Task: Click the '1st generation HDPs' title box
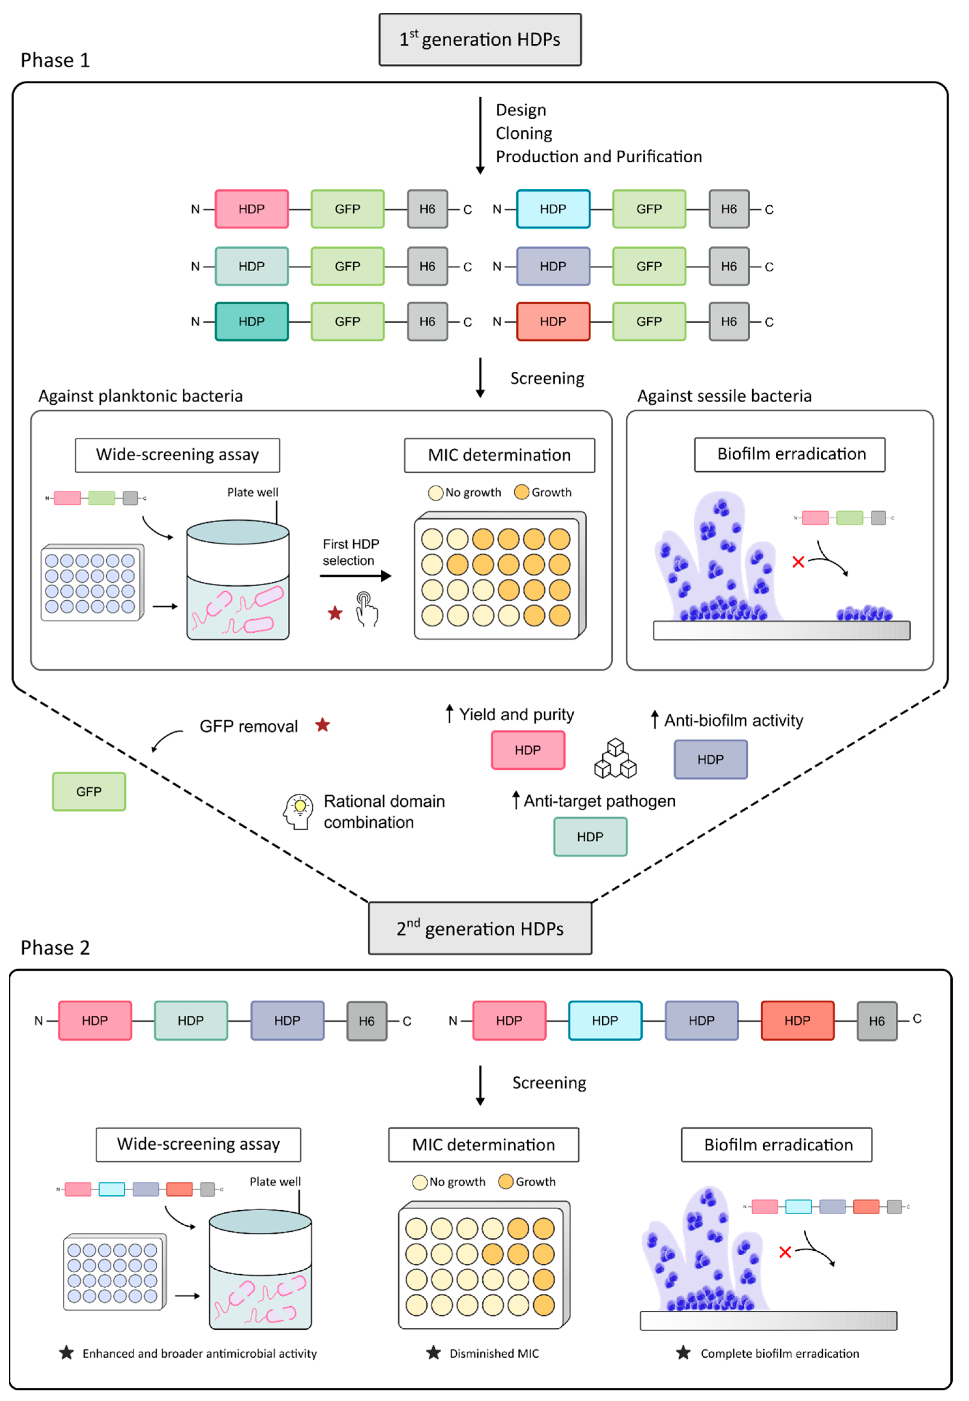480,39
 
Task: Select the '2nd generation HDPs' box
480,928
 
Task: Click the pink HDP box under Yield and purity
528,750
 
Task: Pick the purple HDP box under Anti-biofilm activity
710,759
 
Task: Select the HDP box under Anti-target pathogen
590,837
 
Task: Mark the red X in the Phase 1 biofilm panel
798,562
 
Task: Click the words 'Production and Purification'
599,156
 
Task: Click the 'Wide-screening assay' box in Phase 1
177,455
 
